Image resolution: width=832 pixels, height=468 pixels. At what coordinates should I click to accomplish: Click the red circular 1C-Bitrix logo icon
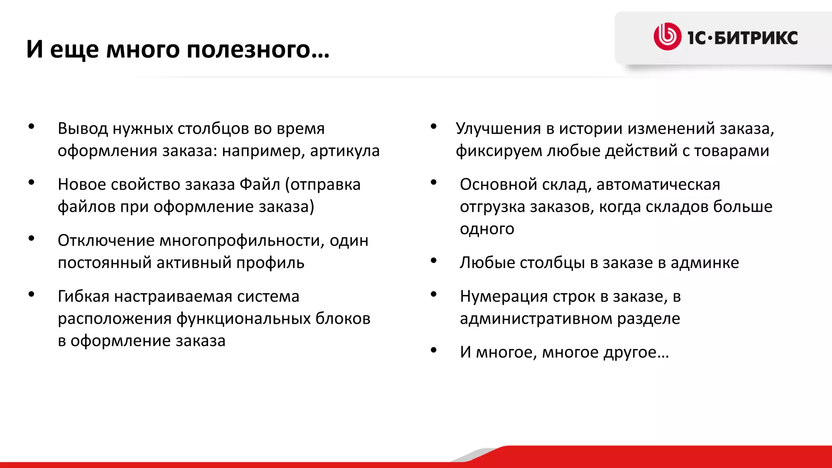[667, 37]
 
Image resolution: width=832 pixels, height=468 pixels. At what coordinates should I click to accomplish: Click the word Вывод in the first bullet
[83, 128]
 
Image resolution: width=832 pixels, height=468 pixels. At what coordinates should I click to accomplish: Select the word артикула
[344, 151]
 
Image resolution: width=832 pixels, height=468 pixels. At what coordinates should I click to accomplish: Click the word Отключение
[106, 240]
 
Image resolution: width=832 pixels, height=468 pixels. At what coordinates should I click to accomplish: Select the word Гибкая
[83, 297]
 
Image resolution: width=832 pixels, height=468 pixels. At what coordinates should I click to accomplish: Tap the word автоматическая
[658, 184]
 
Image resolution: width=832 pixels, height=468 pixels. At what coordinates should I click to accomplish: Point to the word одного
[487, 229]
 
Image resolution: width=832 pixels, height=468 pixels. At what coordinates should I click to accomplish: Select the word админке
[704, 263]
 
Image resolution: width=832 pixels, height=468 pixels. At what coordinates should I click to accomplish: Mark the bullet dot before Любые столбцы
[433, 260]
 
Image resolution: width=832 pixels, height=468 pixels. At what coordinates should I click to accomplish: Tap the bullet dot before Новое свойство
[31, 182]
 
